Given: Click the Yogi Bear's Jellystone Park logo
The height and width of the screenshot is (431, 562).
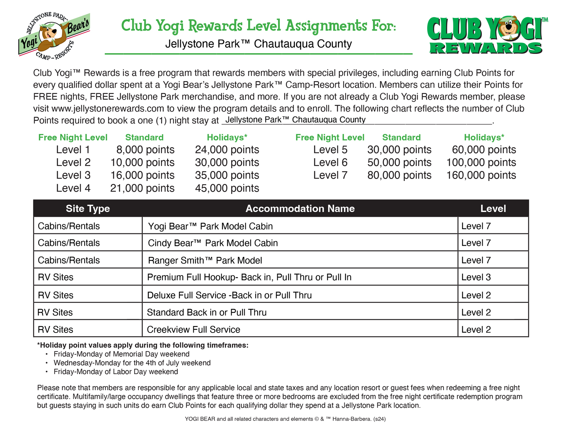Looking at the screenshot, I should point(54,36).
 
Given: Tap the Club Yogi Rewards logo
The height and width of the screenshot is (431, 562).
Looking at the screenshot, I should point(486,36).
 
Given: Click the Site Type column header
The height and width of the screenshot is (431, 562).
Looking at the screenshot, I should point(88,209).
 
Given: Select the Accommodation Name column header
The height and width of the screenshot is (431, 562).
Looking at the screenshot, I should point(300,209).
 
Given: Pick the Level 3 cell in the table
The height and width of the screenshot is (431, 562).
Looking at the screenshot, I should point(476,277).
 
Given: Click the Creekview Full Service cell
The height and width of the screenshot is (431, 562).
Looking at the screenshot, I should point(193,330).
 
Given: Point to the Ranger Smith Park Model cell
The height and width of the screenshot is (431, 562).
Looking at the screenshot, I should point(205,260).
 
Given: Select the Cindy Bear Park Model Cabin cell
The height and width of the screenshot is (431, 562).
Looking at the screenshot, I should point(213,243).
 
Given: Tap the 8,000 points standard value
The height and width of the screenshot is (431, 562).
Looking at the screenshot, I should point(145,150).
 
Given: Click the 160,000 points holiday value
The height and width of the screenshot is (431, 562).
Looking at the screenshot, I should point(481,175).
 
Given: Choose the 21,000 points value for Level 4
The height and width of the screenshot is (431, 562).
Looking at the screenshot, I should point(142,188).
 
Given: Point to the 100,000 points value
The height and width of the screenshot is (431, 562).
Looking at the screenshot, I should point(481,163).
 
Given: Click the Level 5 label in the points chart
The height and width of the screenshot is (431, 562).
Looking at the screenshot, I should point(330,150).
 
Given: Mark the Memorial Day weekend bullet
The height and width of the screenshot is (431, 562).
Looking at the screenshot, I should point(121,354).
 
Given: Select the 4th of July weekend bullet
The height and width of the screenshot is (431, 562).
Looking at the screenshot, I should point(132,363).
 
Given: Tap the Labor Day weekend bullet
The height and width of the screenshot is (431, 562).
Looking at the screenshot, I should point(116,372).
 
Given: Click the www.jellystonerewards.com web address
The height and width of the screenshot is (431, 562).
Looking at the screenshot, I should point(108,109).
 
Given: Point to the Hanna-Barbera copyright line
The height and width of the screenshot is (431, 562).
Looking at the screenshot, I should point(285,419).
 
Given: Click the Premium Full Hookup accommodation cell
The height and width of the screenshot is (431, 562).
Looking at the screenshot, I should point(249,277).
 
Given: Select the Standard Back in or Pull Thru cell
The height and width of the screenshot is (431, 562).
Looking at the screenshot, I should point(206,312).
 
